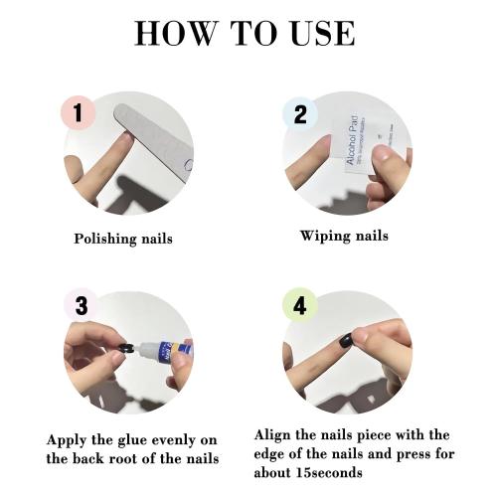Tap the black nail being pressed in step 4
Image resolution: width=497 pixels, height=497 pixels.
point(344,339)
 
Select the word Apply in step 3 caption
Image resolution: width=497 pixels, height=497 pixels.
point(66,439)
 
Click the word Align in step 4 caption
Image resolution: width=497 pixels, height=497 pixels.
point(277,434)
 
